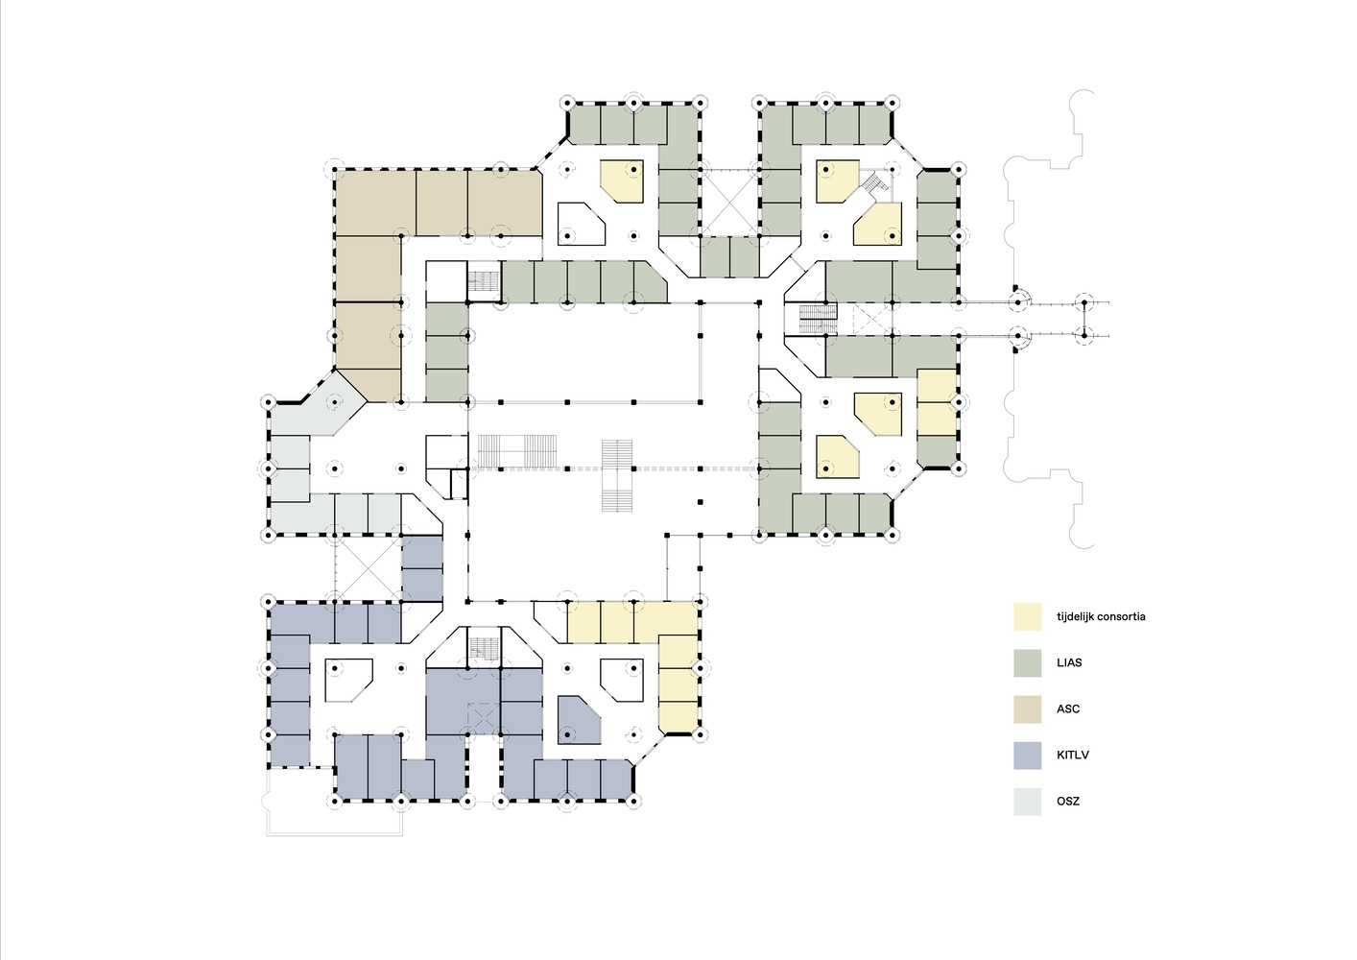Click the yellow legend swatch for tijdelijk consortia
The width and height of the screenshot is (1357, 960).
[1028, 617]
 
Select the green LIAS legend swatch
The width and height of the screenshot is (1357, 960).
[1028, 663]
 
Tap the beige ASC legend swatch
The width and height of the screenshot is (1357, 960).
[1028, 709]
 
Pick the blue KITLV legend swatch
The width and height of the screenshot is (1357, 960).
[1028, 756]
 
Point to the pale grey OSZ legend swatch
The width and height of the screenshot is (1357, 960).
[1028, 802]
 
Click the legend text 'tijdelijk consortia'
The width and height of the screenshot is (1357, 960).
[1101, 617]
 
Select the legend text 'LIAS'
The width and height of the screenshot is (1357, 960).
[1069, 663]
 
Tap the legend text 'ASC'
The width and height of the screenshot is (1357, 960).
[1068, 709]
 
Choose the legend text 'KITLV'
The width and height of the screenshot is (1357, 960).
[1073, 756]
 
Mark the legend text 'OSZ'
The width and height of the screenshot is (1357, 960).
[1068, 802]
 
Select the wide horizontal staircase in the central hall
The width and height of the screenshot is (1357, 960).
[516, 451]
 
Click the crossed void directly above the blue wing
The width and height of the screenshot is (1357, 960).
[368, 569]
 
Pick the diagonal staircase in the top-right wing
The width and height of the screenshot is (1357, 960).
[876, 182]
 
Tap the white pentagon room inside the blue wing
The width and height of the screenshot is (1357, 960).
[348, 681]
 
